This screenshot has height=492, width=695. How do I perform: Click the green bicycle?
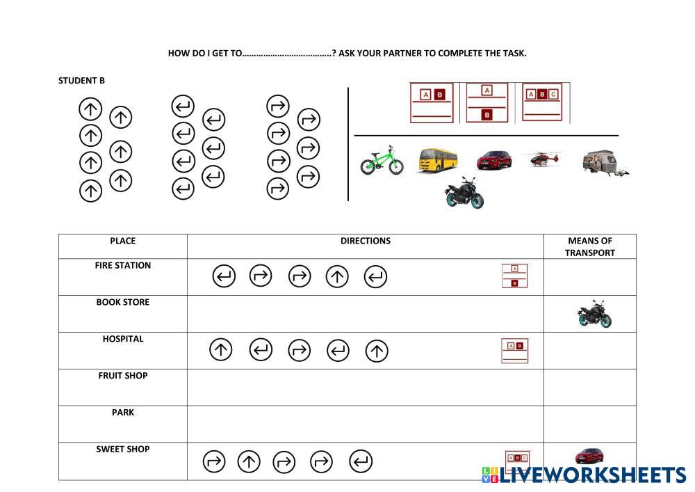point(382,161)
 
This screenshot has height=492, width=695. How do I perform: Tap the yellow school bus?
point(438,160)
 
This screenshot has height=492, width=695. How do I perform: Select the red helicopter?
point(541,159)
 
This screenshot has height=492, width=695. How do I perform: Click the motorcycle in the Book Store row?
point(594,314)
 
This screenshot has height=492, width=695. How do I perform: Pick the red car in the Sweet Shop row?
point(589,456)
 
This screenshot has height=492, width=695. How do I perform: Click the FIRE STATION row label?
point(123,265)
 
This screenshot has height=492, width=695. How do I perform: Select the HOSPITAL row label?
point(123,339)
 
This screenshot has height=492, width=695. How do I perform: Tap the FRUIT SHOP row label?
point(123,376)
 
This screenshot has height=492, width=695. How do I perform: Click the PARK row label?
point(123,413)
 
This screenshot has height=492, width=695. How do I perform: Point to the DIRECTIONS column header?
point(366,241)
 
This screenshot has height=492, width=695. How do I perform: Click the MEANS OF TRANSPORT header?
point(590,246)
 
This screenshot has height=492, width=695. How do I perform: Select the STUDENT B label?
point(81,81)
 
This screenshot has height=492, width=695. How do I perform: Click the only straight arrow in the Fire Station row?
point(337,276)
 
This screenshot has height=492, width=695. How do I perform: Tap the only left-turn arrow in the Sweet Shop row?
point(361,461)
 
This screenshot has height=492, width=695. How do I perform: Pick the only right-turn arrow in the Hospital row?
point(299,350)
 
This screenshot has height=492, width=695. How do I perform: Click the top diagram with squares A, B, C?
point(542,102)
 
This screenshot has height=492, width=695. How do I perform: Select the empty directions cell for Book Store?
point(366,314)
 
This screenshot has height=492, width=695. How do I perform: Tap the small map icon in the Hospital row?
point(514,351)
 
